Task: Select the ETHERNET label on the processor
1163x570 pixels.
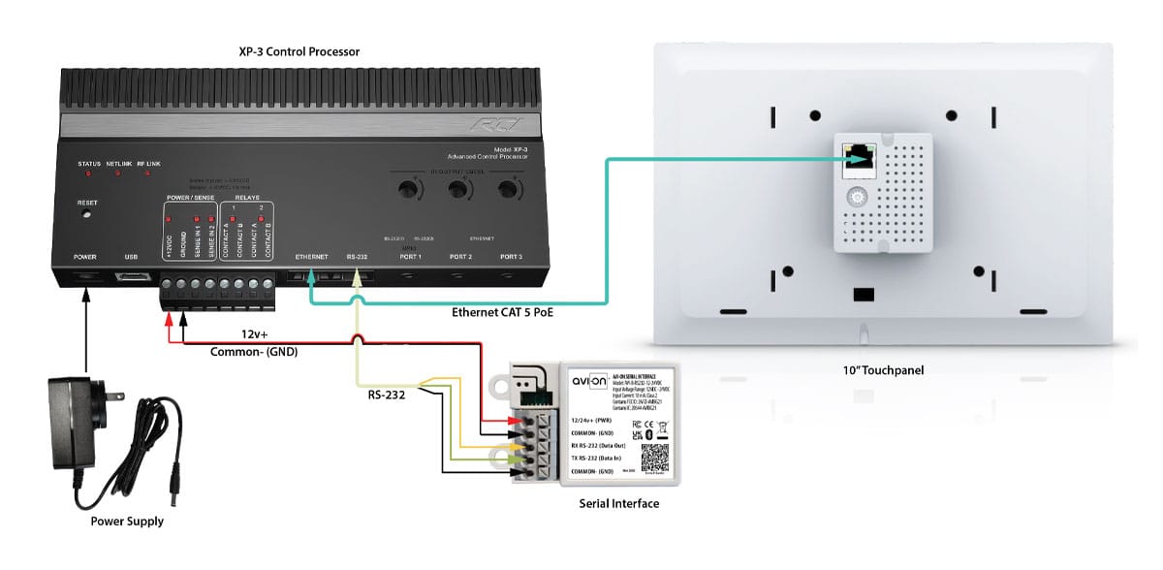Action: pyautogui.click(x=312, y=257)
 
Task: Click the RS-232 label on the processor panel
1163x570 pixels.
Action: pyautogui.click(x=356, y=257)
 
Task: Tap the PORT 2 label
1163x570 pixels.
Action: pyautogui.click(x=460, y=257)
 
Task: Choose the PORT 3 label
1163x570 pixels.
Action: pyautogui.click(x=511, y=257)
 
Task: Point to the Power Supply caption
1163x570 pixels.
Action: pyautogui.click(x=127, y=522)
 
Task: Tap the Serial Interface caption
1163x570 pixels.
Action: pyautogui.click(x=618, y=503)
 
